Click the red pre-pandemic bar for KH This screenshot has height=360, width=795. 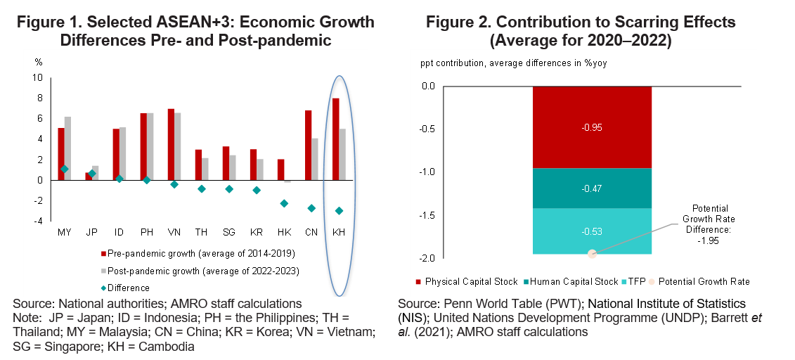tap(335, 139)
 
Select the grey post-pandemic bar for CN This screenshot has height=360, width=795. tap(315, 159)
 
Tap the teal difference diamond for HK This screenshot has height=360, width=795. tap(284, 203)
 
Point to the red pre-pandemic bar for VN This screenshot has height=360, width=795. tap(171, 144)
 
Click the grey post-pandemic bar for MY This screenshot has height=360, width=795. tap(67, 148)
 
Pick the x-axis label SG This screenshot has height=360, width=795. tap(229, 231)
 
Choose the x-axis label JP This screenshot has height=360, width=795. tap(91, 231)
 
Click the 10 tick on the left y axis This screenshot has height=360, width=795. tap(37, 77)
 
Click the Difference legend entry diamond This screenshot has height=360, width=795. tap(103, 288)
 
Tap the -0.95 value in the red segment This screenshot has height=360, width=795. tap(592, 127)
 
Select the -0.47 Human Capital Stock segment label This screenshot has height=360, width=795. tap(592, 188)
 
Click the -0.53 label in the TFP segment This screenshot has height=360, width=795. tap(592, 231)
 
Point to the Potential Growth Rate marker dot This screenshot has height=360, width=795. tap(592, 254)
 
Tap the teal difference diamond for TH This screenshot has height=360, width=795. tap(201, 188)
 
